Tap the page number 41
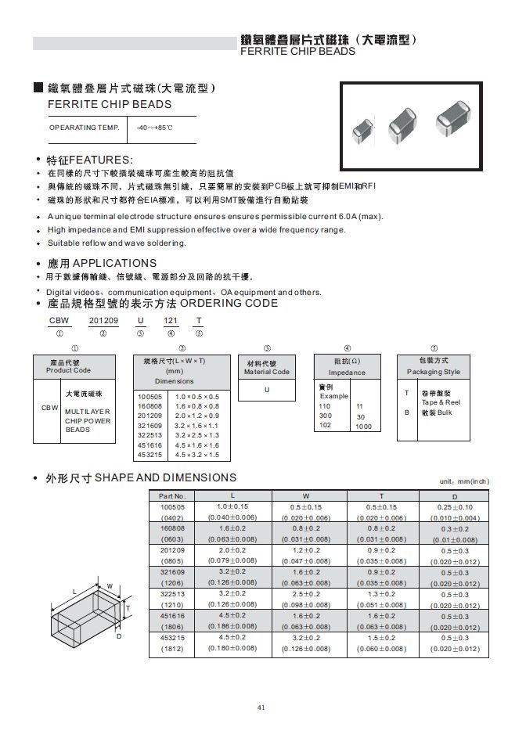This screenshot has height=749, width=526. (x=262, y=708)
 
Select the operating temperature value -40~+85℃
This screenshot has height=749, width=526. (x=154, y=128)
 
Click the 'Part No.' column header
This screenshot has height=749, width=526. (x=171, y=496)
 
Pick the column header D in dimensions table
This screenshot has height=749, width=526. (x=454, y=496)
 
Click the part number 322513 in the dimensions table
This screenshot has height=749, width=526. (x=171, y=593)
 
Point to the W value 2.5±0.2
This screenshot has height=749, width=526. (x=305, y=593)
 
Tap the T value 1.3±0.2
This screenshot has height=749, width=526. (x=381, y=593)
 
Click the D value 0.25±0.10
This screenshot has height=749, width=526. (x=455, y=507)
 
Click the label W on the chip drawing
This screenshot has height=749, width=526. (x=110, y=586)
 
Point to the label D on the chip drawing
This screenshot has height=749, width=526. (x=119, y=636)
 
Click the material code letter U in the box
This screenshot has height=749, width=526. (x=267, y=389)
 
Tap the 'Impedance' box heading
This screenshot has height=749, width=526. (x=347, y=373)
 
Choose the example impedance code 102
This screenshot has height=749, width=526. (x=326, y=426)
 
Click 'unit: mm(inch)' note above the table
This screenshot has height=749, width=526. (x=463, y=482)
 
